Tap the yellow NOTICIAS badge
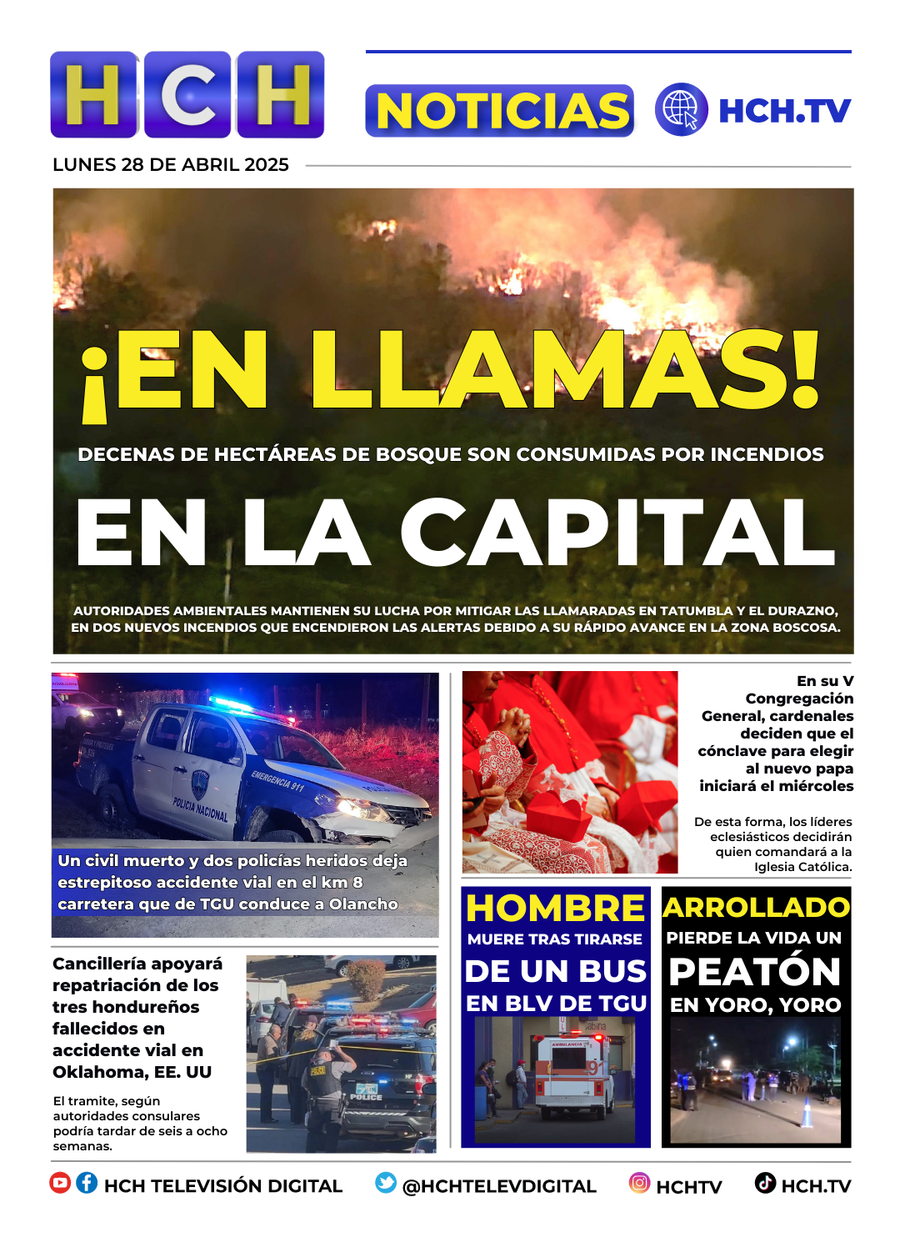[500, 111]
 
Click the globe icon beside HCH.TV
[681, 110]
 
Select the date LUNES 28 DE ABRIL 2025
[171, 165]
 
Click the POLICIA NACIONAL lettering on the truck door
[200, 807]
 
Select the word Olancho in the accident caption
[363, 904]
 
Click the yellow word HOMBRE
[555, 908]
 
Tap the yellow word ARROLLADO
[756, 907]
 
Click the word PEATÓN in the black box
[755, 972]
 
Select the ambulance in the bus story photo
[570, 1075]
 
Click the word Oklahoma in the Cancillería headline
[100, 1072]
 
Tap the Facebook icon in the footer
[87, 1183]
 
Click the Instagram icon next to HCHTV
[639, 1183]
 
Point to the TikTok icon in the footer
[765, 1183]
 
